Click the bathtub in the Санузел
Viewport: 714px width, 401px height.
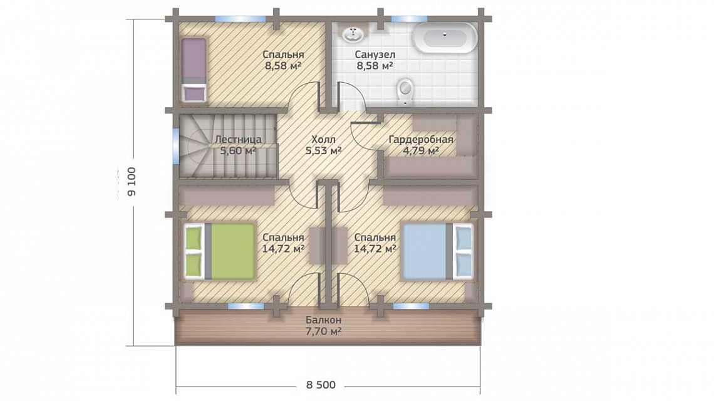(x=445, y=38)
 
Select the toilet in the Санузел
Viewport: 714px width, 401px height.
(x=405, y=90)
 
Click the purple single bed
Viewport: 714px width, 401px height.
(x=194, y=70)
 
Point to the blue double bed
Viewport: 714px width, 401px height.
(x=437, y=250)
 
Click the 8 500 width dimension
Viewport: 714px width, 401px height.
(x=321, y=385)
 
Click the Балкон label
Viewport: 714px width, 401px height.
(x=323, y=320)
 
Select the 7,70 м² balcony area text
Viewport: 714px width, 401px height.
(x=323, y=331)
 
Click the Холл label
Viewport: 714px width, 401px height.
(x=323, y=139)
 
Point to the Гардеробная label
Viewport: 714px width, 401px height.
(x=421, y=140)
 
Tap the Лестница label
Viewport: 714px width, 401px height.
(x=238, y=140)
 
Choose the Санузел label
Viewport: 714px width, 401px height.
(x=375, y=55)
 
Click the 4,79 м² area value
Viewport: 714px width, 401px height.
(x=421, y=150)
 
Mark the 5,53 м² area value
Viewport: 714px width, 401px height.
(x=323, y=150)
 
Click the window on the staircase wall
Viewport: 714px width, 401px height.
(x=176, y=145)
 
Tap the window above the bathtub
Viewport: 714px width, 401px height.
(x=410, y=19)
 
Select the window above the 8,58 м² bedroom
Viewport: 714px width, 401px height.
(x=240, y=19)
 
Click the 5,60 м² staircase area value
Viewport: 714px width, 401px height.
(x=238, y=150)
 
